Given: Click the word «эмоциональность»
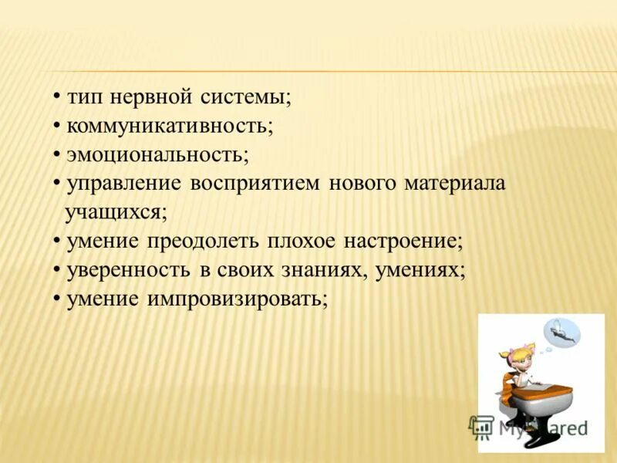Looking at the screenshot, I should (x=157, y=154).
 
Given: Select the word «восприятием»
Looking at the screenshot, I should (x=257, y=184).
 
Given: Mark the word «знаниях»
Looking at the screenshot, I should (x=320, y=269).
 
